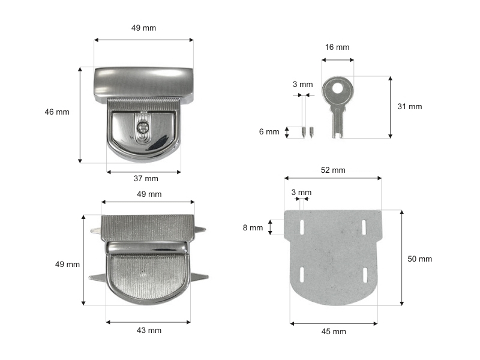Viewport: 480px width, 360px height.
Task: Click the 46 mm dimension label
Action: coord(57,112)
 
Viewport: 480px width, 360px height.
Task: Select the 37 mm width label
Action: coord(146,178)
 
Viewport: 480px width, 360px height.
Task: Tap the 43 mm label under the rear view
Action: coord(149,331)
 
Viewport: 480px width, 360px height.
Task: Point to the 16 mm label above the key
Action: coord(337,47)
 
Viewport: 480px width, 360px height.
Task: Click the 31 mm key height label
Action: coord(410,107)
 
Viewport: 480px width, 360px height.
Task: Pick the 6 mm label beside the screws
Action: coord(269,131)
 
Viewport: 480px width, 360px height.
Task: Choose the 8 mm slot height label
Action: coord(253,228)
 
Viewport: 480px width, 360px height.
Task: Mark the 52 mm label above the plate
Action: coord(333,170)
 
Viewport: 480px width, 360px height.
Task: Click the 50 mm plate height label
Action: coord(419,259)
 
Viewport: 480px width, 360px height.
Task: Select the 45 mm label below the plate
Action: coord(334,332)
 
